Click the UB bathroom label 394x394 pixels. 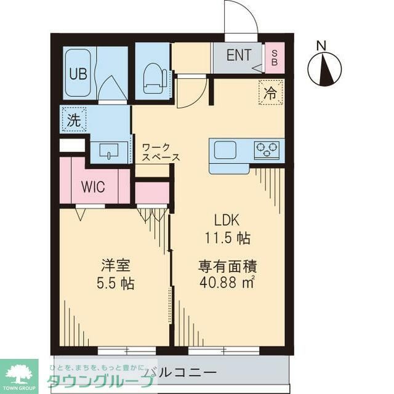pos(78,74)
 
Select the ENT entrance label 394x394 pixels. pos(238,55)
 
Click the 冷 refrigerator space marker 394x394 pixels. pos(270,93)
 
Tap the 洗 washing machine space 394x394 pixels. pos(74,121)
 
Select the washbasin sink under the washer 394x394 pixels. pos(109,151)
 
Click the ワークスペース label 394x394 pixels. pos(160,153)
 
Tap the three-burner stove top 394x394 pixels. pos(267,150)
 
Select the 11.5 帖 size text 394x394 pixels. pos(227,237)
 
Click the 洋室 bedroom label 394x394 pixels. pos(115,267)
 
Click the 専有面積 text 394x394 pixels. pos(227,267)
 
